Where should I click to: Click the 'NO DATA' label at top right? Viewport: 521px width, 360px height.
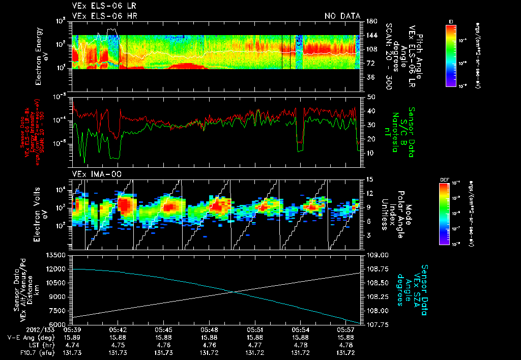click(342, 16)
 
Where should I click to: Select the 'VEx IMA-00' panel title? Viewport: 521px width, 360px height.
click(97, 174)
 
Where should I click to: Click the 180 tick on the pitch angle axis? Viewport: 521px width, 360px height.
click(371, 21)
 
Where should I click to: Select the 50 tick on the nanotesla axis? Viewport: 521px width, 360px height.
click(370, 96)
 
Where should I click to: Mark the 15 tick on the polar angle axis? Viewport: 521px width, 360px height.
click(370, 179)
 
